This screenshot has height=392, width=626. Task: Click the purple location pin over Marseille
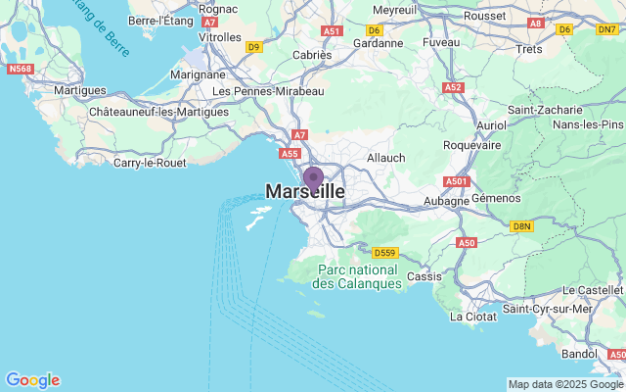click(313, 178)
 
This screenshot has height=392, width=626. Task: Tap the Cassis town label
click(424, 276)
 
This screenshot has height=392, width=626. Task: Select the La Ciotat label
click(472, 317)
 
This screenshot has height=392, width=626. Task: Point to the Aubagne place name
click(446, 201)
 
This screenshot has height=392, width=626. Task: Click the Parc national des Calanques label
click(357, 275)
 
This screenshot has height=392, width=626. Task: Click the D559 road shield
click(385, 252)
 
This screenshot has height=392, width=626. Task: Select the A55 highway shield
click(290, 154)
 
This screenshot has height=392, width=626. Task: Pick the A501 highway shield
click(457, 181)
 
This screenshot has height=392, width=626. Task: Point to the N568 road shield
click(20, 69)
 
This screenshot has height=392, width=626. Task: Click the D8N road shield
click(522, 226)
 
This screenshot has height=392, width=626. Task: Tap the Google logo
click(32, 380)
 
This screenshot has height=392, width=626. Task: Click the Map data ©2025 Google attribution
click(565, 384)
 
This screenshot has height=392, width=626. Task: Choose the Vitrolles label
click(220, 37)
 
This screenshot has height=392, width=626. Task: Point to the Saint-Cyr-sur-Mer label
click(548, 309)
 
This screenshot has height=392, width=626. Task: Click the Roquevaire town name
click(471, 145)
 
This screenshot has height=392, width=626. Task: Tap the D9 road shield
click(254, 46)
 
